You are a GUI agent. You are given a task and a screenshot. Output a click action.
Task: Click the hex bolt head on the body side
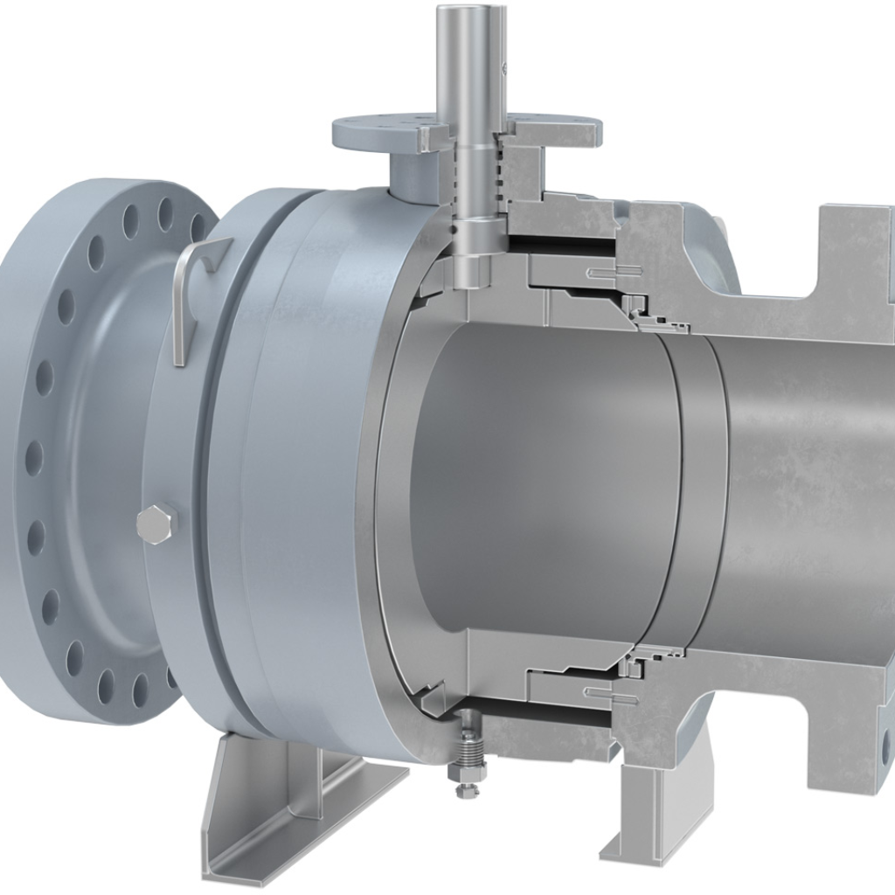click(x=157, y=524)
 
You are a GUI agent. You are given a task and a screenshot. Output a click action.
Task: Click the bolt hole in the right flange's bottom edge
click(x=887, y=743)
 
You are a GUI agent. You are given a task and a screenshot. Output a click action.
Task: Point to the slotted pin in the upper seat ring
click(x=603, y=274)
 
